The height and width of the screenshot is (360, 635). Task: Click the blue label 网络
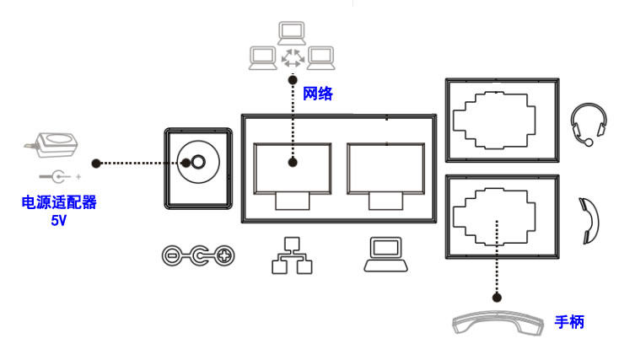tap(318, 94)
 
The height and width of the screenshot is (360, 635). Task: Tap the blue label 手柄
tap(569, 321)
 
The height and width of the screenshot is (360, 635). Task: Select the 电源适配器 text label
tap(60, 203)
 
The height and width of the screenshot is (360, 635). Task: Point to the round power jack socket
tap(197, 164)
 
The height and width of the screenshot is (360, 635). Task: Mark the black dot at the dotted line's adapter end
tap(97, 162)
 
